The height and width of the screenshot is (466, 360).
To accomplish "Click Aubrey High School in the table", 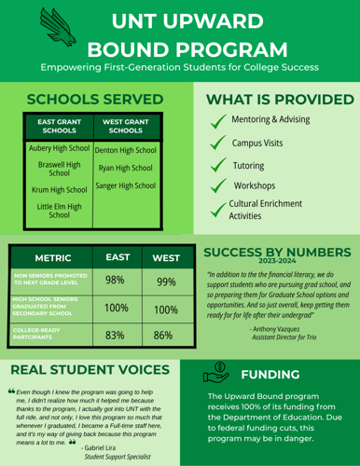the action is pyautogui.click(x=59, y=148).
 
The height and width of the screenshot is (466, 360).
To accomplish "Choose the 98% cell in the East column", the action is pyautogui.click(x=116, y=281).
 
